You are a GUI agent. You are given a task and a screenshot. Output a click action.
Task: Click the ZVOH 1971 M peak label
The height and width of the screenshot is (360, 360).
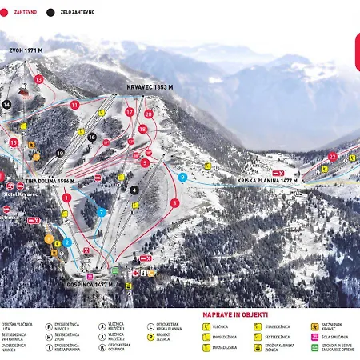click(26, 50)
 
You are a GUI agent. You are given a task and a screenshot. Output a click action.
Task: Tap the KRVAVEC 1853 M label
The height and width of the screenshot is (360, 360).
click(150, 86)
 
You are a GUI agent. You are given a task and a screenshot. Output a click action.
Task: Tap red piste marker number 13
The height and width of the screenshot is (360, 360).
click(38, 79)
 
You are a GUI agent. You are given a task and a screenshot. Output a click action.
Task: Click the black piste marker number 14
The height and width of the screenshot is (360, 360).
click(6, 105)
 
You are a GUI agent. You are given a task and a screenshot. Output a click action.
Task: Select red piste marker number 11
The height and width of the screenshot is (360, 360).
click(74, 105)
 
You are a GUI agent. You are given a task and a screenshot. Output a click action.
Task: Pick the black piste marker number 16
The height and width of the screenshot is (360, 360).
click(92, 138)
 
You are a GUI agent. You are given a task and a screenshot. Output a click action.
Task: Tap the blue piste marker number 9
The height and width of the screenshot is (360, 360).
click(183, 177)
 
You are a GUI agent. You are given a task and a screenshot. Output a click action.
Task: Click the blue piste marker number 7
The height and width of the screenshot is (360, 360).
click(101, 212)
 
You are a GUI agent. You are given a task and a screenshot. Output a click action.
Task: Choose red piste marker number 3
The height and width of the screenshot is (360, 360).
click(174, 203)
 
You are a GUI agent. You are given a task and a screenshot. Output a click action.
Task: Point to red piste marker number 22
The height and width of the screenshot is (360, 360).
click(332, 157)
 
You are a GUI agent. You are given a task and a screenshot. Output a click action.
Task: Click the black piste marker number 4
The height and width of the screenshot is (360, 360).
click(134, 190)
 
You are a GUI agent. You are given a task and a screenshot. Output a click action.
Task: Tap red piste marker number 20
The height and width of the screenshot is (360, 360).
click(149, 114)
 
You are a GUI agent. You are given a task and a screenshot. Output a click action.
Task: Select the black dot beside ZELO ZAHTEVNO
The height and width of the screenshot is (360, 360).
click(51, 13)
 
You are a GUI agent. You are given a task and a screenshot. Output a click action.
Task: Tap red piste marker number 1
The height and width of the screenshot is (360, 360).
click(66, 197)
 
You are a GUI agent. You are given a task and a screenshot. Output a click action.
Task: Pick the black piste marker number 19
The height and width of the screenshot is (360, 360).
click(60, 153)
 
